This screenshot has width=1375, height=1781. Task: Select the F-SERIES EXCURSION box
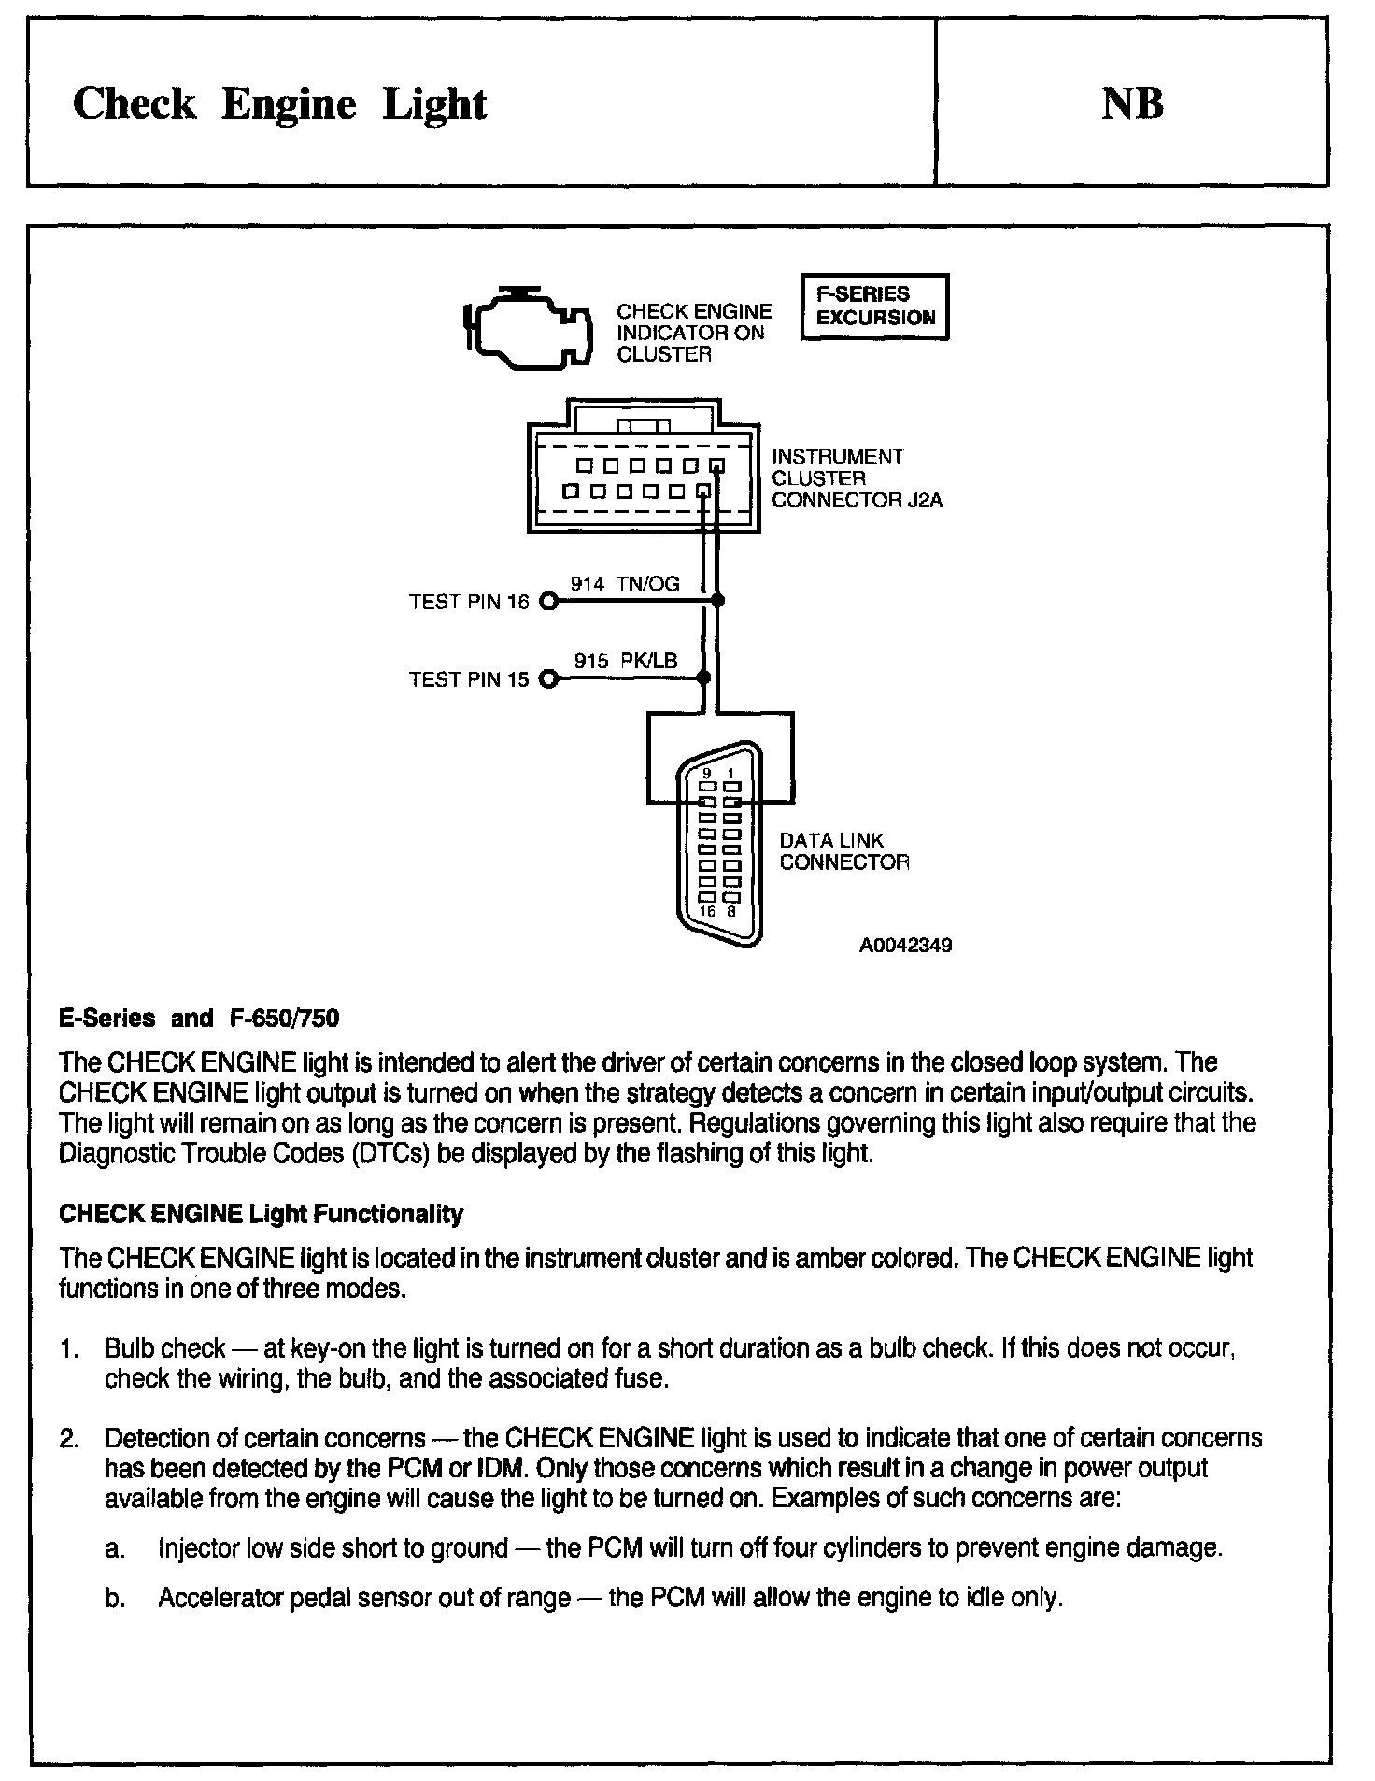click(874, 306)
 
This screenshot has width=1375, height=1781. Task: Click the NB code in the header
click(1132, 104)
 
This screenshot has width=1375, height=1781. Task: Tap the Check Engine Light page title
click(279, 104)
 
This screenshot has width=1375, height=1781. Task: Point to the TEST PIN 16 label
click(469, 603)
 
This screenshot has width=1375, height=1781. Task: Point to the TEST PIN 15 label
click(469, 680)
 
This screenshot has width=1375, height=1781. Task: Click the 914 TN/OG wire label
click(625, 585)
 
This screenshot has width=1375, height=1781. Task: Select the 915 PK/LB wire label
click(625, 662)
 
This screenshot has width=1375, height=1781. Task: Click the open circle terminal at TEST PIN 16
click(549, 602)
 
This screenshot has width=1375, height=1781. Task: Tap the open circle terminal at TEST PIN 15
click(549, 679)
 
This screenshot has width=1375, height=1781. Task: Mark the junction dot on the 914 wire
click(717, 602)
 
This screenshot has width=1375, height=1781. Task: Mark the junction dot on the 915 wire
click(704, 678)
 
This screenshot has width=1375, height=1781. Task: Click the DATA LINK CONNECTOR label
click(843, 851)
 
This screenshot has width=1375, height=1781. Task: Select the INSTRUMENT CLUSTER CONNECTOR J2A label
click(856, 478)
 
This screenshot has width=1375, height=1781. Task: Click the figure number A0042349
click(905, 946)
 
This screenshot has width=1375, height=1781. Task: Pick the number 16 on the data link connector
click(706, 911)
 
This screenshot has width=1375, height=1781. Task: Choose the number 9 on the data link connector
click(707, 773)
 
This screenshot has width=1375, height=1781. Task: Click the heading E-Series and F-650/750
click(199, 1018)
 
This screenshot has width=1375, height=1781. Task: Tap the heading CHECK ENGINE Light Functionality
click(261, 1214)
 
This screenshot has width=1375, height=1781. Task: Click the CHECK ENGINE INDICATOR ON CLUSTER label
click(694, 333)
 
